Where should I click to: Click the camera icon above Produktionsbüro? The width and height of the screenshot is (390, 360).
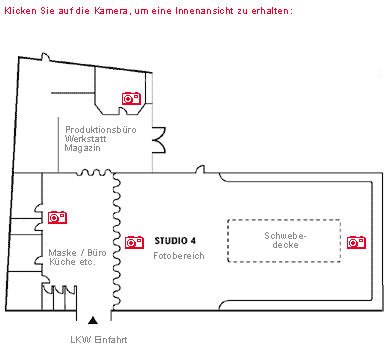pyautogui.click(x=131, y=98)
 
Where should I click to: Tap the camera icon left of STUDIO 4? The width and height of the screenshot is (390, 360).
pyautogui.click(x=134, y=241)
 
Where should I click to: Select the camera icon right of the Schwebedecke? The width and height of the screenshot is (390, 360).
pyautogui.click(x=355, y=241)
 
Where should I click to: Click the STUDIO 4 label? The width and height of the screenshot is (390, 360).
pyautogui.click(x=175, y=241)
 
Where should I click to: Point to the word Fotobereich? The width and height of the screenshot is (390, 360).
pyautogui.click(x=179, y=256)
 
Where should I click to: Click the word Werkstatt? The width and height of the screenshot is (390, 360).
pyautogui.click(x=85, y=139)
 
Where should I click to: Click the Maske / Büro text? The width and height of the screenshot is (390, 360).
pyautogui.click(x=78, y=252)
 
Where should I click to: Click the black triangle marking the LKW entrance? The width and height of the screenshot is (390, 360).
pyautogui.click(x=94, y=320)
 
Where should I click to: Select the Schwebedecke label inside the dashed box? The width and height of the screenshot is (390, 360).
pyautogui.click(x=283, y=241)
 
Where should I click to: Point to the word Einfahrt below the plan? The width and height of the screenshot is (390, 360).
pyautogui.click(x=111, y=339)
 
